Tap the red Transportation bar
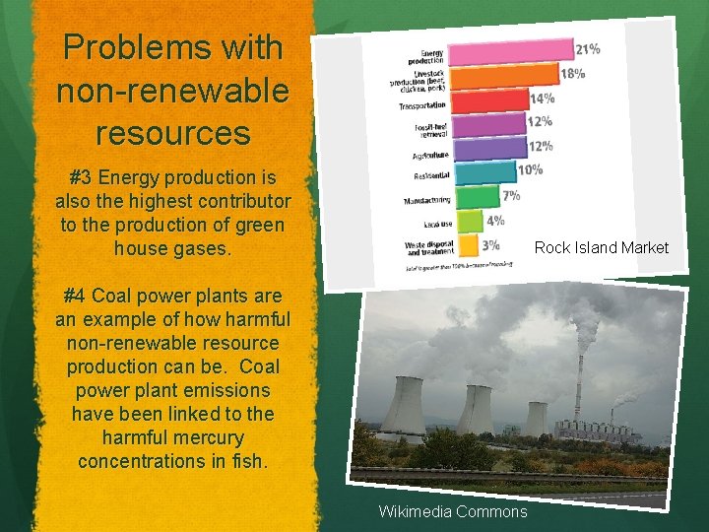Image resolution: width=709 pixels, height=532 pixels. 488,100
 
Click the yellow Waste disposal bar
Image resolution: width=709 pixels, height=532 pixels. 466,244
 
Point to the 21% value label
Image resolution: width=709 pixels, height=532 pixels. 588,48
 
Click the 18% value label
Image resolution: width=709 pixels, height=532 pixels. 573,73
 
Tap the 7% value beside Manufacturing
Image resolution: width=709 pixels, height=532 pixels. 512,195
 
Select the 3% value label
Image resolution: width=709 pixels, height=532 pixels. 490,244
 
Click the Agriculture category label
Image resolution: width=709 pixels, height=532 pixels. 424,154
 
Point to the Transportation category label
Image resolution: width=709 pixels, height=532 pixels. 422,104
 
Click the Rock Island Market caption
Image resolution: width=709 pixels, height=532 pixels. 601,248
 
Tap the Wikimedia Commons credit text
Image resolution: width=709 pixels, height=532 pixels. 453,511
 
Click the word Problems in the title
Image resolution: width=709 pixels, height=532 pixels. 123,47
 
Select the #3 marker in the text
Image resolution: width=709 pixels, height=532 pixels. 81,178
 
